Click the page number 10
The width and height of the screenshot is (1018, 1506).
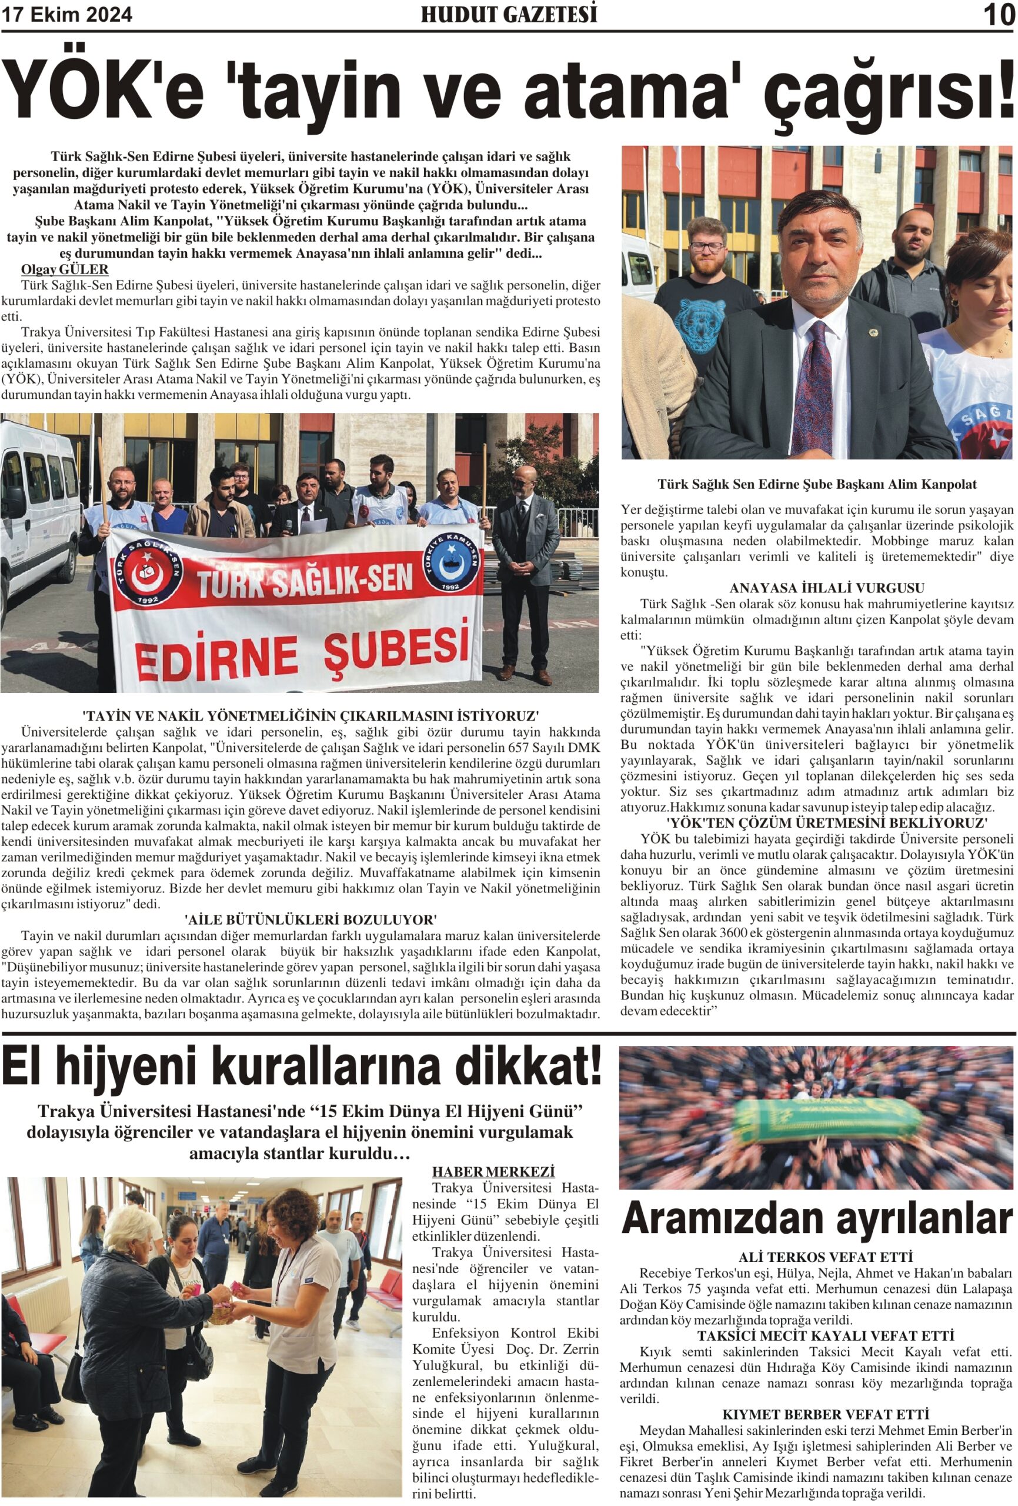999,15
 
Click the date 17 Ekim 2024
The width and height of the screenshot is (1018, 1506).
66,15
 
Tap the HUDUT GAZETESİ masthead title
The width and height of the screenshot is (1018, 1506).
509,14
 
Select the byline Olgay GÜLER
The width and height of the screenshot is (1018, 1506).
65,269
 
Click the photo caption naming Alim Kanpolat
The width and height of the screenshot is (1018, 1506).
816,484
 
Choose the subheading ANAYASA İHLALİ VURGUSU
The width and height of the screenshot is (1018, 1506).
816,588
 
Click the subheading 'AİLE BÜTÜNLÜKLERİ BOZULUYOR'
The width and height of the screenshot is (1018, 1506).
311,919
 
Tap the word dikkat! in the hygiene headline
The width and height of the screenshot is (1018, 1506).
523,1069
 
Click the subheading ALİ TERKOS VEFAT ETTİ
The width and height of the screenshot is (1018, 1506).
826,1257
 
